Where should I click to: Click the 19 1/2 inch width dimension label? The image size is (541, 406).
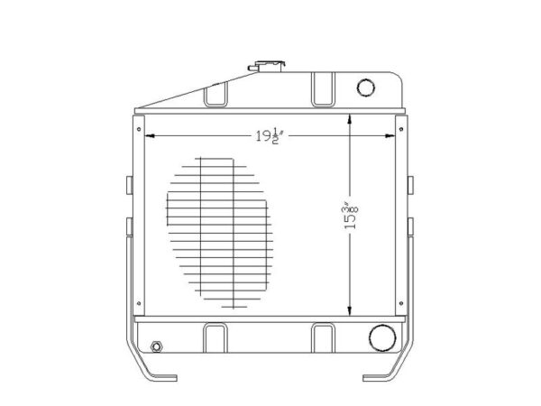pos(270,136)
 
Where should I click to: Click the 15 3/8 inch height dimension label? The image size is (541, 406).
pos(351,217)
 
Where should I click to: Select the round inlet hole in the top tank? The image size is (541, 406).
pos(366,88)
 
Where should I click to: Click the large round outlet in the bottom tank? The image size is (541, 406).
pos(382,338)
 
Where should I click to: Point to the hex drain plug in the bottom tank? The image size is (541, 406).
pos(157,346)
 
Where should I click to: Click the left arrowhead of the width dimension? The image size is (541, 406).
pos(150,136)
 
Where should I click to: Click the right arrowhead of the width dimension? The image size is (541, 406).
pos(390,136)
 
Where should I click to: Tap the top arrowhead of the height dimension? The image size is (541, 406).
pos(350,119)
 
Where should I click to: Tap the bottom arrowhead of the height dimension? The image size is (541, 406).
pos(350,310)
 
